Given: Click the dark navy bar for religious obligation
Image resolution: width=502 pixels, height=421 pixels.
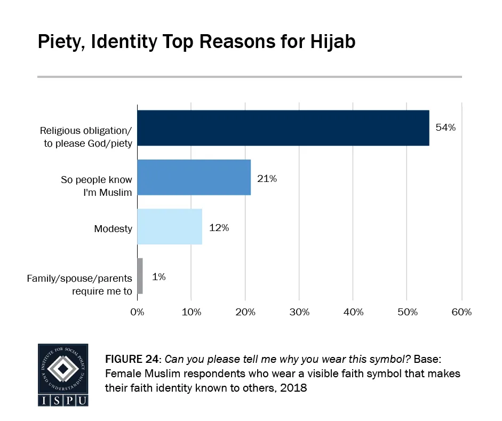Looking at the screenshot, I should pos(283,128).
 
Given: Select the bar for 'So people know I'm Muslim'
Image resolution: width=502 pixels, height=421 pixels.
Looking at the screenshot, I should pos(194,177).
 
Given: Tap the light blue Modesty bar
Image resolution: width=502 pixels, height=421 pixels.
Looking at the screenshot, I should pos(170,226).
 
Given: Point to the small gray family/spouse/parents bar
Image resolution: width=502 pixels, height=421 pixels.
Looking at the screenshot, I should pos(140,276).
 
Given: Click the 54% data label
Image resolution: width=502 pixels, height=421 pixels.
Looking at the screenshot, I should pos(445,129).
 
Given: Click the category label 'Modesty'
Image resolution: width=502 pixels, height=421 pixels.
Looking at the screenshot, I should pos(113,228).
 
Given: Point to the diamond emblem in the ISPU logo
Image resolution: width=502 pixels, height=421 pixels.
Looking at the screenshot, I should pos(63,368).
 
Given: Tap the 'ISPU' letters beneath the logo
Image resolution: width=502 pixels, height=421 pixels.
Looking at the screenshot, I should pos(63,400).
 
